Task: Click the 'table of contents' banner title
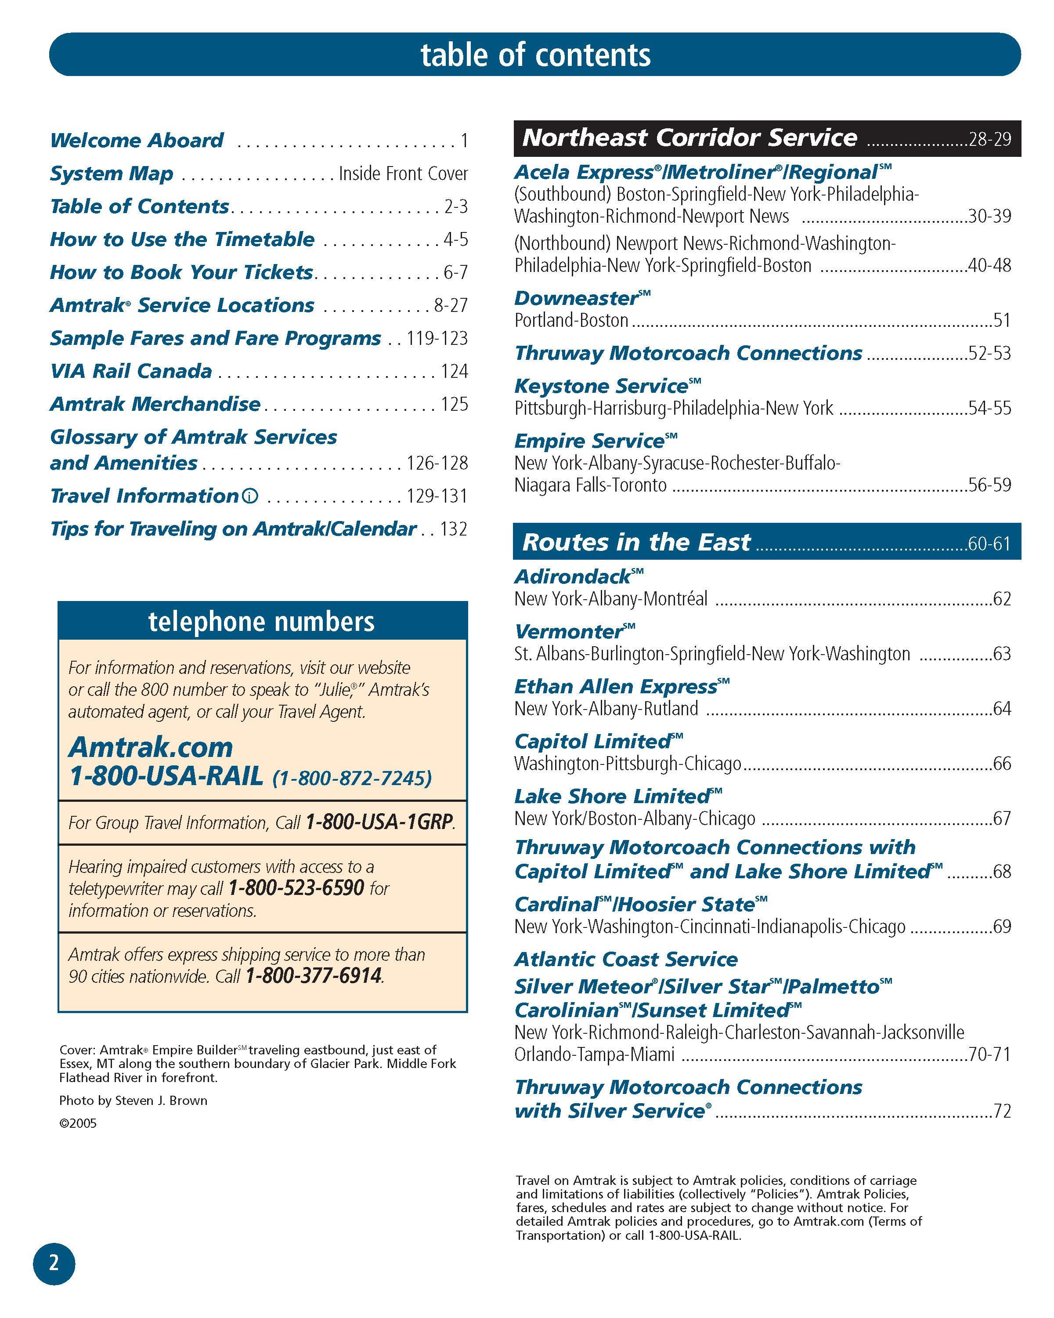[535, 54]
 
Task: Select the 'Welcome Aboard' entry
[137, 140]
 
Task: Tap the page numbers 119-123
[437, 338]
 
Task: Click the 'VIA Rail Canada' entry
[131, 371]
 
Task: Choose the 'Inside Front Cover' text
[403, 174]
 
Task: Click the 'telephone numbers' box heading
[261, 621]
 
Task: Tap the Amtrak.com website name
[151, 747]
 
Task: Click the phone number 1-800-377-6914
[314, 976]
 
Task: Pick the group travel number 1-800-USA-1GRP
[379, 822]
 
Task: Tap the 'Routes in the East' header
[636, 542]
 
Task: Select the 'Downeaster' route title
[576, 298]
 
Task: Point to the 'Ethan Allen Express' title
[616, 687]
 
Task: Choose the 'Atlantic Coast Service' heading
[626, 959]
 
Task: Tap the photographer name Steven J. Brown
[161, 1101]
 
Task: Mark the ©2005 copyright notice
[78, 1123]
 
